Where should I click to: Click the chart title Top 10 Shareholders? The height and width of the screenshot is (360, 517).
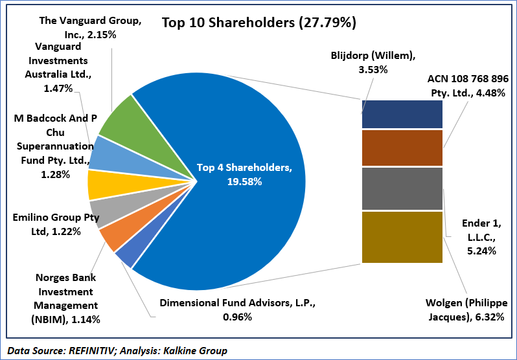[258, 23]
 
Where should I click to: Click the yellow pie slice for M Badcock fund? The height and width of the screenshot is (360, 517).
[99, 184]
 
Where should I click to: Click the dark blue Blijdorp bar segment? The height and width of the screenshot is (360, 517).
[402, 114]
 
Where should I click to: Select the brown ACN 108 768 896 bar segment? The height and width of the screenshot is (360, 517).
[402, 148]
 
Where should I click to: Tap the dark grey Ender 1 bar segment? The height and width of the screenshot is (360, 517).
[402, 188]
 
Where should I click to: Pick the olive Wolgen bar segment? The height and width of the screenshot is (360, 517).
[402, 237]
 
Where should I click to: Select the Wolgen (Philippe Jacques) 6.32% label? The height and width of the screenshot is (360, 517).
[465, 309]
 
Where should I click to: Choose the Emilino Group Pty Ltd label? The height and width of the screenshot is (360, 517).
[56, 224]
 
